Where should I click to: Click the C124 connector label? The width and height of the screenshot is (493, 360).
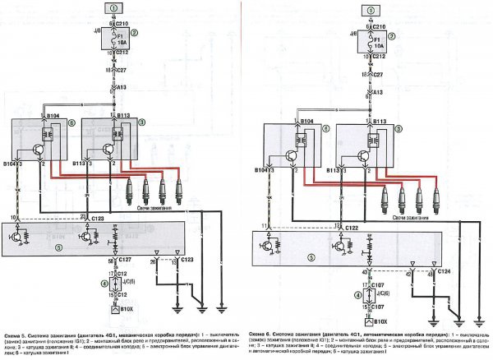click(445, 270)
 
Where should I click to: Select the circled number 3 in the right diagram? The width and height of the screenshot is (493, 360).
click(400, 124)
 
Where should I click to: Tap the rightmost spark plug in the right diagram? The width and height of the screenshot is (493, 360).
click(436, 197)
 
